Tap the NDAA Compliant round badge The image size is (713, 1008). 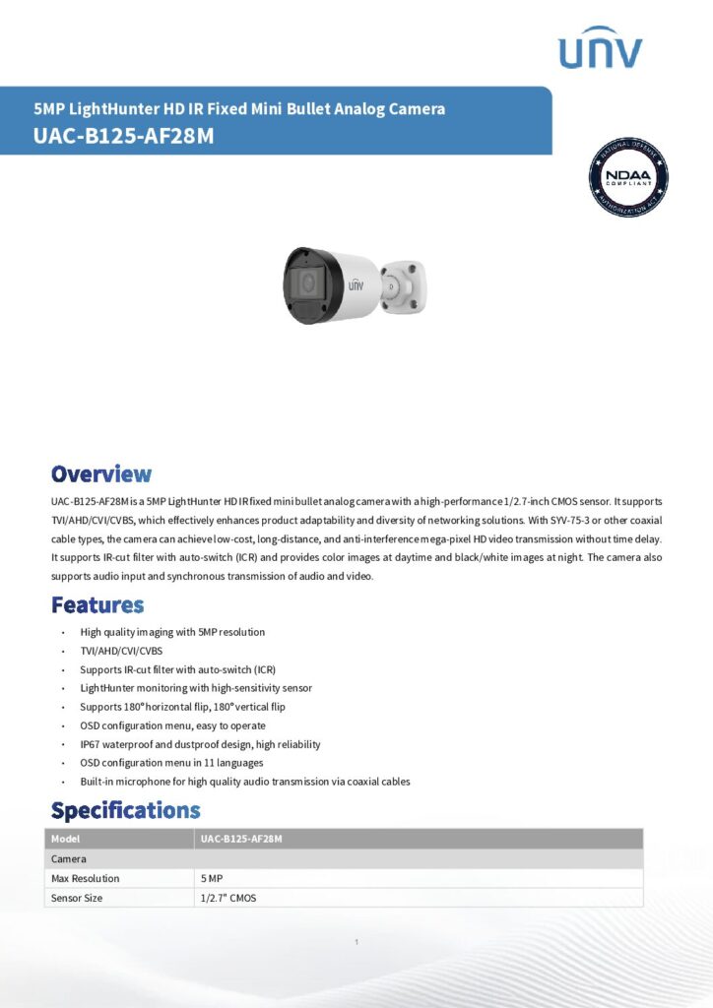[628, 177]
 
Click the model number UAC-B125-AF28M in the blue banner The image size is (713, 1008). [123, 137]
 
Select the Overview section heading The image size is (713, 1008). [101, 474]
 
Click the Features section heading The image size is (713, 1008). [97, 604]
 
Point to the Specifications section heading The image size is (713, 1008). [125, 811]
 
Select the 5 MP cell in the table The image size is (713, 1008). [211, 878]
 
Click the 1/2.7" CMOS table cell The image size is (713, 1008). [228, 898]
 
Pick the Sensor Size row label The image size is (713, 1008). [77, 898]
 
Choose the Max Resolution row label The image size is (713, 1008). [85, 878]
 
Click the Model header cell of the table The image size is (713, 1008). [65, 839]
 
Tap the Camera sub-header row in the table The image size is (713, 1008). [69, 858]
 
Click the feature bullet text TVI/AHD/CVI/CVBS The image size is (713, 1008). [121, 651]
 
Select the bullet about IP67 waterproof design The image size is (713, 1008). [200, 744]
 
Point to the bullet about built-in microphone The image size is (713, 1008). [245, 782]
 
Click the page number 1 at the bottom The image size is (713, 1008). [356, 943]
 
